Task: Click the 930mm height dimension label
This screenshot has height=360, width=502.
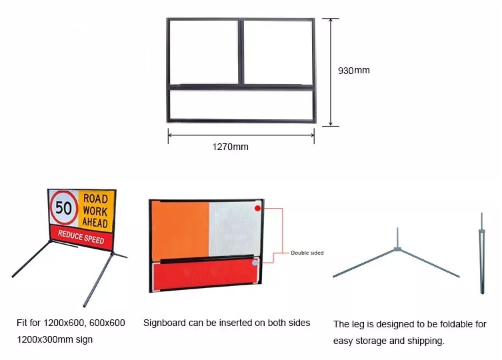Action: pos(353,70)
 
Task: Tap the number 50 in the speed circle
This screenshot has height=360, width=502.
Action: pos(64,207)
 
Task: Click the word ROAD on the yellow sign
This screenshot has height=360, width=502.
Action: pos(95,199)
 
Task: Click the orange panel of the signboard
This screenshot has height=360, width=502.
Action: pos(179,231)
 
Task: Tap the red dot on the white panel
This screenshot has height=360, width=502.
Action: pos(257,208)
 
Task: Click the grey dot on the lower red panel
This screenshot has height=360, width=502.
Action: pos(255,263)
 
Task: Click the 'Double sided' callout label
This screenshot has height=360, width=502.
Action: pos(308,253)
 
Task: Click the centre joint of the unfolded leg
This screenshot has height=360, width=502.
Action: pos(397,249)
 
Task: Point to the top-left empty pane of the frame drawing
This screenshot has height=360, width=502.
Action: pos(203,51)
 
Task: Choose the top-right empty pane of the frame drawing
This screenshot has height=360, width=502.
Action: pos(277,51)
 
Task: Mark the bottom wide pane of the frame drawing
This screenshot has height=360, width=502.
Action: pos(240,105)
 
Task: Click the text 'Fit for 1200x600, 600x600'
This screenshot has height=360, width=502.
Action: pos(71,323)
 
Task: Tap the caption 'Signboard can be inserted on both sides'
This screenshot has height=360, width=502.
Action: pos(227,323)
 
